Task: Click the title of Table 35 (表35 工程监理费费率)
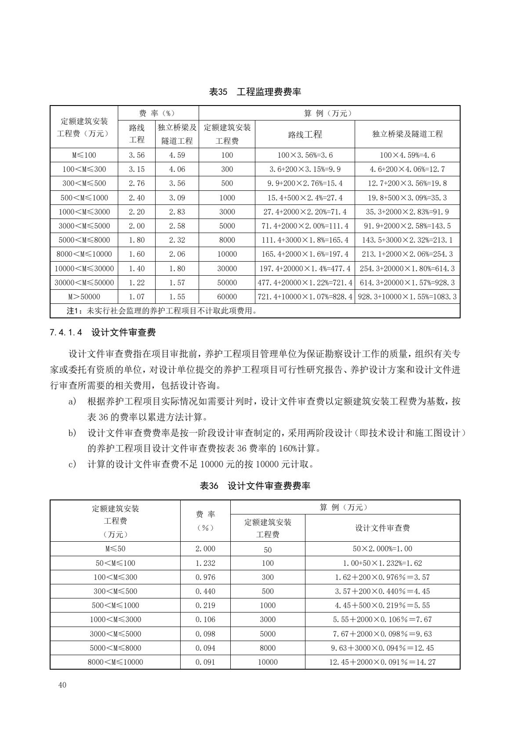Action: (255, 92)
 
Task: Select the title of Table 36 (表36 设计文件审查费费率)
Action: (255, 486)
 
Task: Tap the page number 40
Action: (62, 685)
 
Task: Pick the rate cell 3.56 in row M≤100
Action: (137, 155)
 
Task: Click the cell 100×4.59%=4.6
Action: (407, 155)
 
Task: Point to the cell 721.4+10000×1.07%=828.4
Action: (305, 297)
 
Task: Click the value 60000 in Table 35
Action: (227, 297)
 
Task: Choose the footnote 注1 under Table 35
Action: (161, 311)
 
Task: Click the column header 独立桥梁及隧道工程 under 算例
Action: (407, 134)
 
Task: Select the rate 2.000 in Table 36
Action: (205, 549)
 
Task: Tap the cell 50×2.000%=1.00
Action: (382, 549)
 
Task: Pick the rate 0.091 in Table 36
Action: (205, 662)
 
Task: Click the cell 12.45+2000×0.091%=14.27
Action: (382, 662)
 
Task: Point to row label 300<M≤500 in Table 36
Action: (115, 591)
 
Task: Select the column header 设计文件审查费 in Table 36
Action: (382, 528)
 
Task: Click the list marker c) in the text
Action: (73, 464)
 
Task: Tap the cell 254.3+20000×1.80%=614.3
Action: (407, 269)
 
